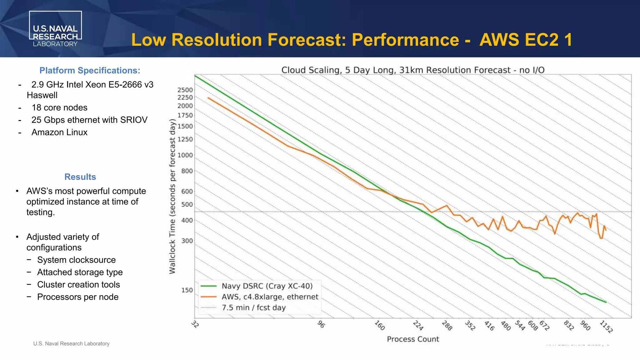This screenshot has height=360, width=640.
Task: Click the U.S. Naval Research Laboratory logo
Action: pos(55,29)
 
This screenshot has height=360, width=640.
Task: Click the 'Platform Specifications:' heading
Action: pos(90,71)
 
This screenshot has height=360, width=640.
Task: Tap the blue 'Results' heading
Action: pos(80,177)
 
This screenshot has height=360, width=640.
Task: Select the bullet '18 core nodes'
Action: pos(59,107)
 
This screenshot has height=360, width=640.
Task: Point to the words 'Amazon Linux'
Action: pos(59,132)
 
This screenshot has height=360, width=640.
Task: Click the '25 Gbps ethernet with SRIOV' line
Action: pos(89,120)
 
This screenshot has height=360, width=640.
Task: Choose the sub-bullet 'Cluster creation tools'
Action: pos(78,285)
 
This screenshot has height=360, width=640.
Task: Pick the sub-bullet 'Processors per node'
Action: pos(78,297)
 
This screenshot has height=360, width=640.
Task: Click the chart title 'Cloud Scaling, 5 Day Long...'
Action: pos(413,70)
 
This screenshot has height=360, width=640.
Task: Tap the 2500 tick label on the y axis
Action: pos(185,90)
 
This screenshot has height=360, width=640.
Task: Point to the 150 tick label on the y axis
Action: pos(187,290)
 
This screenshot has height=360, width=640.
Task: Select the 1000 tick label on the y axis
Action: pos(185,155)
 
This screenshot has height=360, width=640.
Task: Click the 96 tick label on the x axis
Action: pos(321,324)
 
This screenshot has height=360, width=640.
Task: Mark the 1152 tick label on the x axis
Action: pos(606,327)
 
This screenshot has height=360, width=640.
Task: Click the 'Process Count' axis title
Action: pos(413,339)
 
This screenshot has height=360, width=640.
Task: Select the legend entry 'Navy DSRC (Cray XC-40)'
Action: pos(267,286)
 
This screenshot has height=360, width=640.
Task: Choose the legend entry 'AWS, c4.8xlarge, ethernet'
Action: pos(270,297)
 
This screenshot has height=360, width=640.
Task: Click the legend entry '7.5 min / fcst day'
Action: pos(253,307)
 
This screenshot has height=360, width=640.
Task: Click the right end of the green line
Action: pos(606,302)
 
